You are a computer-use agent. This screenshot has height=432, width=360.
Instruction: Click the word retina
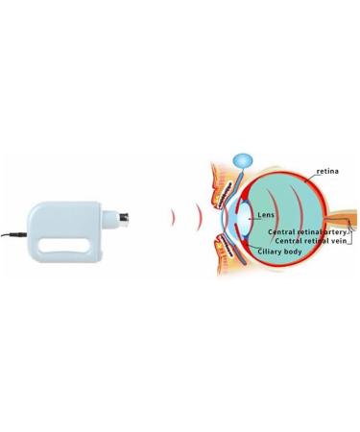tap(328, 173)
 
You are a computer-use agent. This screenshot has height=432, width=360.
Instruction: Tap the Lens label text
tap(266, 215)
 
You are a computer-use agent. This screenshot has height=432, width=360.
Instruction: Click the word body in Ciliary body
tap(294, 252)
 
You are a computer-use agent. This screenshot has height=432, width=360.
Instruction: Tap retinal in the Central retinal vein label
tap(314, 241)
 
